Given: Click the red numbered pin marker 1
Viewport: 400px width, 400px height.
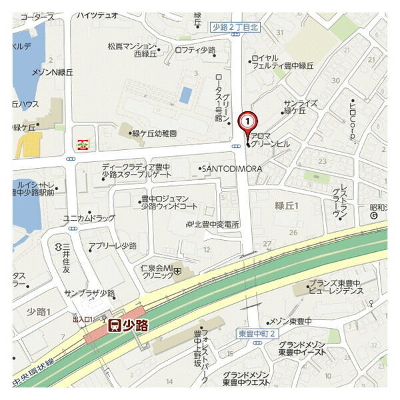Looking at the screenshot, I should [247, 122].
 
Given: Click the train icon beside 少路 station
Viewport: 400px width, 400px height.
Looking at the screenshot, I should [115, 325].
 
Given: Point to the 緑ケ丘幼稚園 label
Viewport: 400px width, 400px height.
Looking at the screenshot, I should [154, 133].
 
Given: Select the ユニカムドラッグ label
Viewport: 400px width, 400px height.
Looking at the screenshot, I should [89, 218].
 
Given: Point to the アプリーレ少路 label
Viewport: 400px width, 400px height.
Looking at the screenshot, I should [113, 245].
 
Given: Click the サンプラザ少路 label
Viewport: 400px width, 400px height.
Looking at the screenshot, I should [90, 293].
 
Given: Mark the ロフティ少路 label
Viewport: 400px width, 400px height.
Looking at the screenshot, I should [195, 50].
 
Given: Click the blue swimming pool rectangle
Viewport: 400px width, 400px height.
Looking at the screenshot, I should [186, 95].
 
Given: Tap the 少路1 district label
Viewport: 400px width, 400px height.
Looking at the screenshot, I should [39, 311].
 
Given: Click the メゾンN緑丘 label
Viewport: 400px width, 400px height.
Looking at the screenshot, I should [52, 72].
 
